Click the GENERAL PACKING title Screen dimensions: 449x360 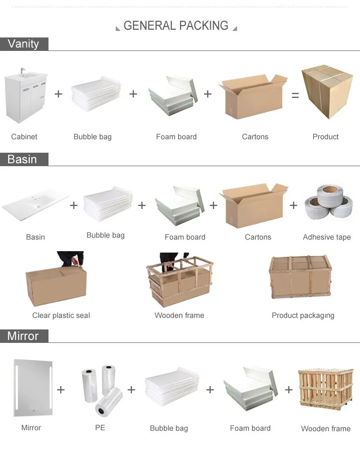pyautogui.click(x=176, y=26)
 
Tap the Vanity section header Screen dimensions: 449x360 pyautogui.click(x=23, y=44)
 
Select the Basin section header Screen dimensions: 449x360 pyautogui.click(x=22, y=159)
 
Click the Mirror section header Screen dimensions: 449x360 pyautogui.click(x=23, y=336)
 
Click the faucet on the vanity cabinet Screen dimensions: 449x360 pyautogui.click(x=23, y=71)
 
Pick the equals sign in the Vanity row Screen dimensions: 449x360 pyautogui.click(x=295, y=96)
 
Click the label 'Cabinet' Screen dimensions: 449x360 pyautogui.click(x=24, y=137)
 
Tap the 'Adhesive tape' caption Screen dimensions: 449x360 pyautogui.click(x=326, y=237)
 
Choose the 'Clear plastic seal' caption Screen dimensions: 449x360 pyautogui.click(x=61, y=316)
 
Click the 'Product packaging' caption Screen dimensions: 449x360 pyautogui.click(x=303, y=316)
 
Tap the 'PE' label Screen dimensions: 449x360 pyautogui.click(x=100, y=427)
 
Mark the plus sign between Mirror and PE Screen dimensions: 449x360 pyautogui.click(x=61, y=389)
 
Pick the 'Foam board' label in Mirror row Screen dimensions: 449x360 pyautogui.click(x=250, y=428)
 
